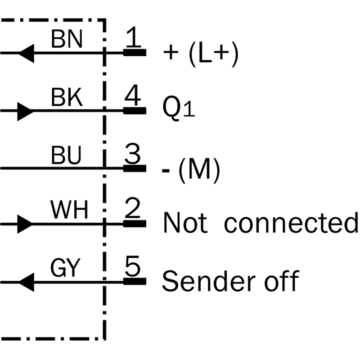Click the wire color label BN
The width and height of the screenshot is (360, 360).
click(67, 39)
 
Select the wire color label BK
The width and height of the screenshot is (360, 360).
click(67, 98)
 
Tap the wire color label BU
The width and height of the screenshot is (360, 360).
click(66, 155)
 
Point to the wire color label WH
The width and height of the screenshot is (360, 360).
click(69, 210)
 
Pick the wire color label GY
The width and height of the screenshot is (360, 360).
click(65, 268)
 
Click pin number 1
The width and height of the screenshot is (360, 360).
click(133, 36)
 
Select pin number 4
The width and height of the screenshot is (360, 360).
click(133, 95)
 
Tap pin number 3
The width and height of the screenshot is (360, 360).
click(132, 153)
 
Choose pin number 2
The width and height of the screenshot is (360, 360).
click(132, 207)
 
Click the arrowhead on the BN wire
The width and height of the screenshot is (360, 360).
click(26, 53)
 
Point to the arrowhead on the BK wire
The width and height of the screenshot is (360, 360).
click(25, 112)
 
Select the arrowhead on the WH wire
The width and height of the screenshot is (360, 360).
click(25, 224)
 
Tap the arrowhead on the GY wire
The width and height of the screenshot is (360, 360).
click(26, 282)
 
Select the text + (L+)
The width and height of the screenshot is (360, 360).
click(201, 54)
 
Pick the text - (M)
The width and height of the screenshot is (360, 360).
click(191, 170)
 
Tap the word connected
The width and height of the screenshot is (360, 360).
click(291, 222)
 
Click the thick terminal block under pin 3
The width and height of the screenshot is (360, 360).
click(135, 168)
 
